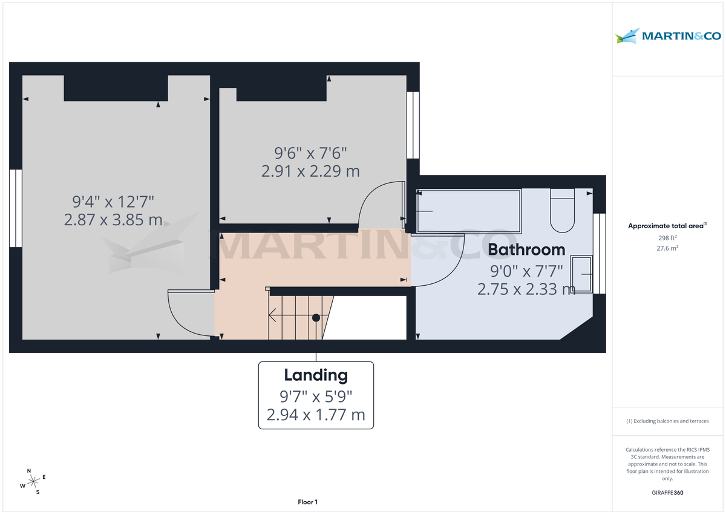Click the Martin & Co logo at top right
668,36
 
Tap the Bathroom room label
526,249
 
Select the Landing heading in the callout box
316,375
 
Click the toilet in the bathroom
562,210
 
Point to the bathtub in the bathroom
468,211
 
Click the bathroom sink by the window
583,274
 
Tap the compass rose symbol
33,481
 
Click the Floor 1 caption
307,502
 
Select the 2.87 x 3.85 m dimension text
113,220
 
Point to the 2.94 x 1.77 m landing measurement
316,415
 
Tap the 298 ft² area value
667,238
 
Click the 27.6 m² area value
667,248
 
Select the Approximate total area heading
667,226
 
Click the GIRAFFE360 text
667,493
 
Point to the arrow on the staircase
273,315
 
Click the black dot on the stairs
316,317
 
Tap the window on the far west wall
15,208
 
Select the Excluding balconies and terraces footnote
667,421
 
